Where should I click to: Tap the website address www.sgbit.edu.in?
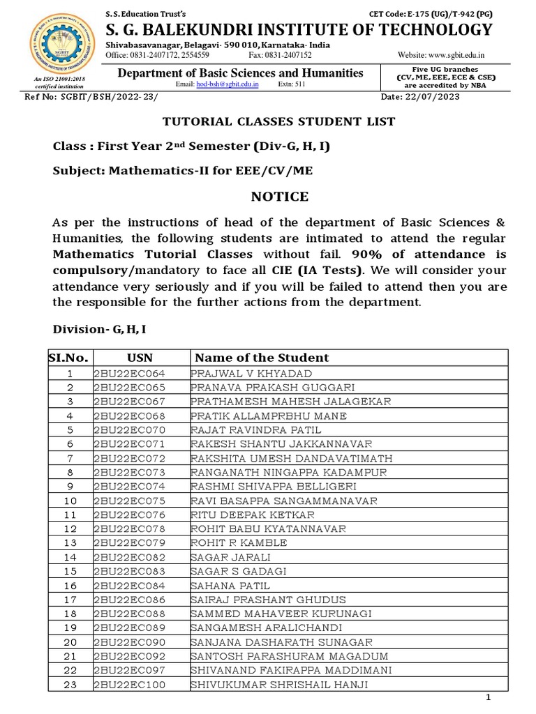451,55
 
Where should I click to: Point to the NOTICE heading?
279,197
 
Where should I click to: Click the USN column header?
140,358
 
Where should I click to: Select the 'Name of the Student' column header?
262,358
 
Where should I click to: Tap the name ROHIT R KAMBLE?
239,543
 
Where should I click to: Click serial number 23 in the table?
70,685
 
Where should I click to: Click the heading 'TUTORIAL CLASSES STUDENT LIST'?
278,121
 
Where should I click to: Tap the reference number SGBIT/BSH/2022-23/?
95,97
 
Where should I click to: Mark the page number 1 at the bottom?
489,698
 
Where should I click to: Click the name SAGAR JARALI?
230,557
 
